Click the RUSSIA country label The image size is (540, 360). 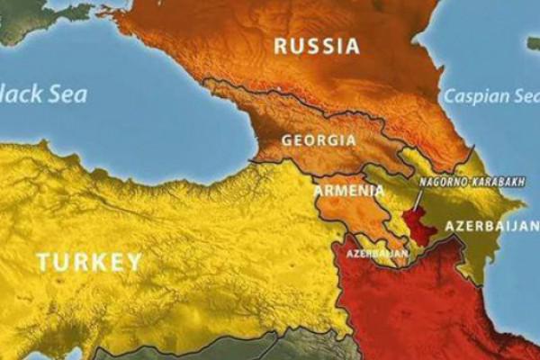coord(316,46)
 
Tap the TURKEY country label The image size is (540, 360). coord(89,262)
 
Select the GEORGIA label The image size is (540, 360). coord(319,140)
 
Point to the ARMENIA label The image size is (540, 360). coord(348,191)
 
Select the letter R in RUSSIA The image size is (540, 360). coord(280,46)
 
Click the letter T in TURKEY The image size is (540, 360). coord(43,262)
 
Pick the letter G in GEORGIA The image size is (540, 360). coord(286,140)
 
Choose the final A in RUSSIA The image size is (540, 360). coord(352,46)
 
